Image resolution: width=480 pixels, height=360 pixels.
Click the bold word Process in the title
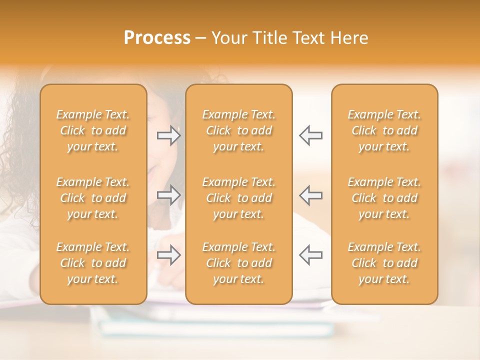click(157, 38)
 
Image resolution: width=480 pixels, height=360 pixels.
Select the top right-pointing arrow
click(169, 135)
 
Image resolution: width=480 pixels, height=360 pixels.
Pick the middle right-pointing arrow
click(169, 195)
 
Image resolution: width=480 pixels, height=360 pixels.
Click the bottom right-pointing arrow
click(169, 254)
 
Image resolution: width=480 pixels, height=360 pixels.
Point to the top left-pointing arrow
click(310, 135)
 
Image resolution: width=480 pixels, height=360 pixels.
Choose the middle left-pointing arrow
click(310, 195)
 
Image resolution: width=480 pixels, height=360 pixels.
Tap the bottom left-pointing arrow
click(310, 254)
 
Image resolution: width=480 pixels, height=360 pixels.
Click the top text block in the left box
click(93, 130)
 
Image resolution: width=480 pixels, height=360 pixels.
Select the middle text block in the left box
click(93, 198)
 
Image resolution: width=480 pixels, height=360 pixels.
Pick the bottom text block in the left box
click(93, 263)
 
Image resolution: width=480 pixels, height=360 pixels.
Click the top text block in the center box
click(238, 130)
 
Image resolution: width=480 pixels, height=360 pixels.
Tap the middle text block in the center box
click(238, 198)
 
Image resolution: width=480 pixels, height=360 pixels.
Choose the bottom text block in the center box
click(238, 263)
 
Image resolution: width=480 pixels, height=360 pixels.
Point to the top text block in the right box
click(384, 130)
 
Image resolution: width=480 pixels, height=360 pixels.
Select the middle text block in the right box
click(384, 198)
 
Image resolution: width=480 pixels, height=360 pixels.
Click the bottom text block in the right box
click(384, 263)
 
